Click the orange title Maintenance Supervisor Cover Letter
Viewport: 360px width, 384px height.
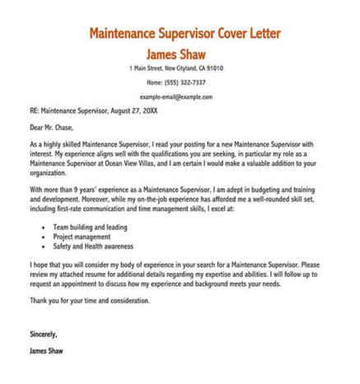(184, 35)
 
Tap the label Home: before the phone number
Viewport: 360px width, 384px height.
(156, 82)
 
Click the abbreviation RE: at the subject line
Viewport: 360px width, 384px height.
(34, 110)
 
